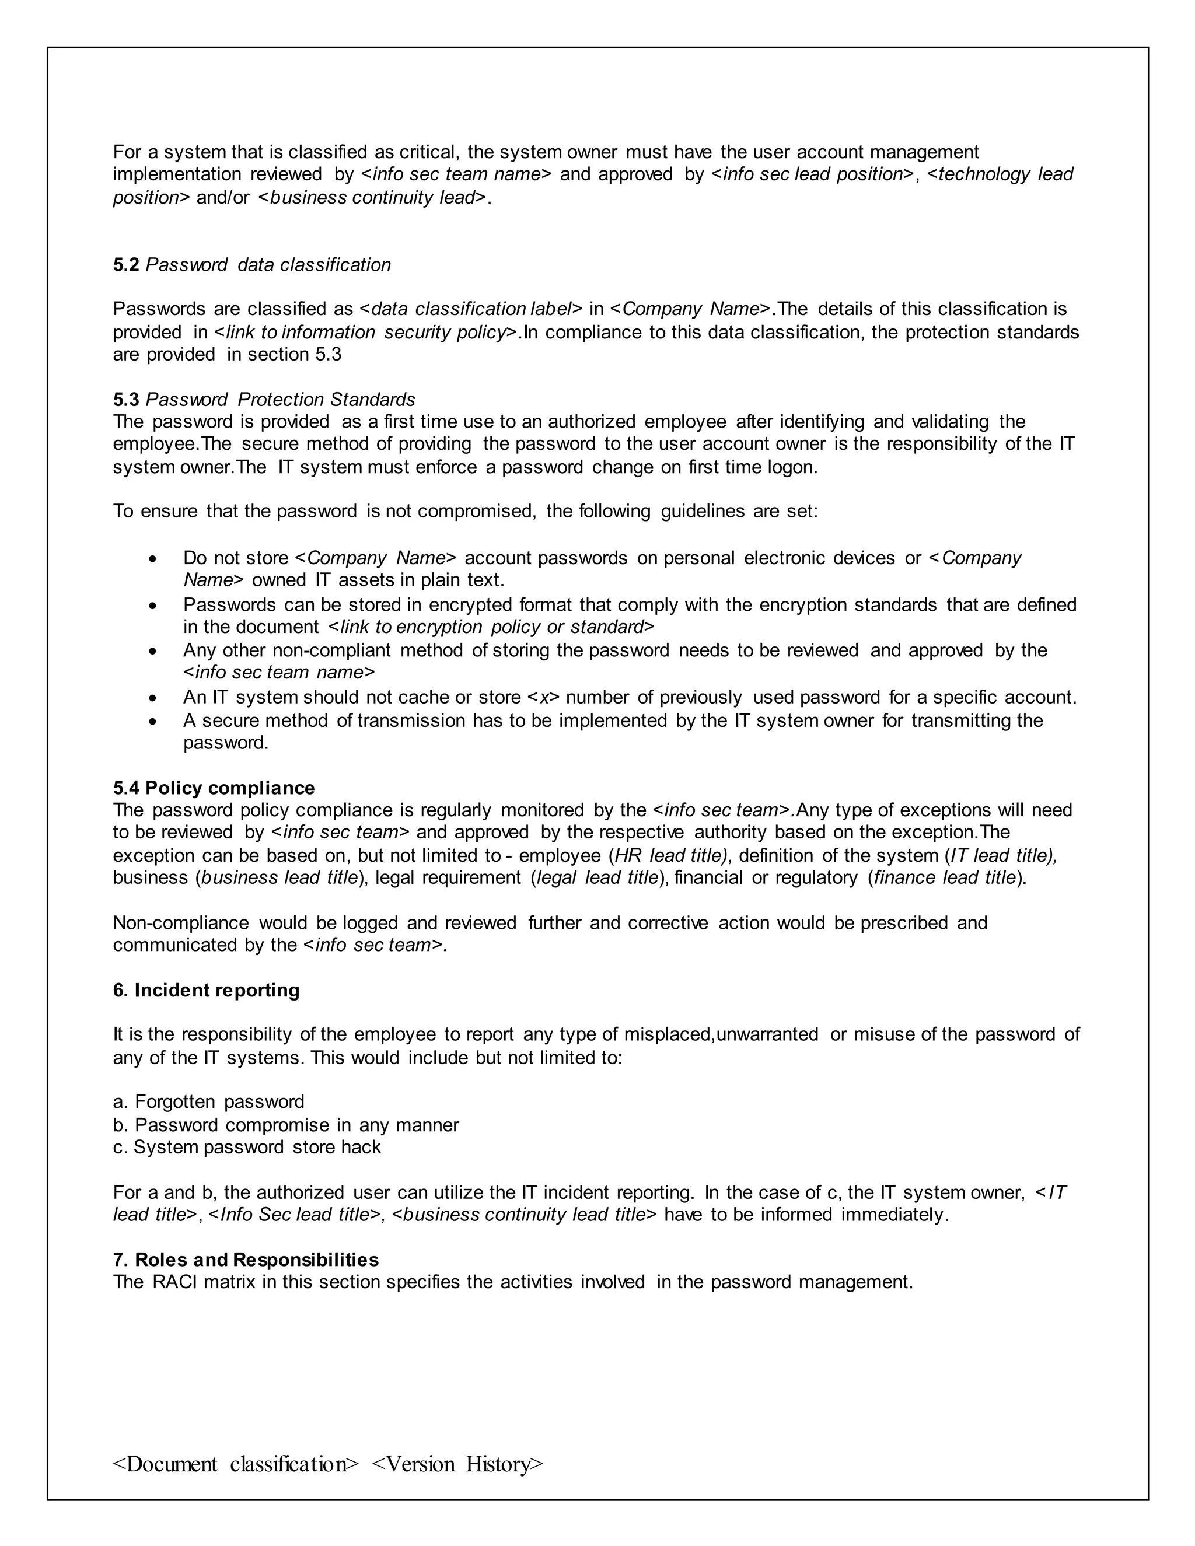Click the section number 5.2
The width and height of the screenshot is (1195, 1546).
(x=126, y=265)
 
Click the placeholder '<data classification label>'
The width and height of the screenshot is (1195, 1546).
(x=471, y=309)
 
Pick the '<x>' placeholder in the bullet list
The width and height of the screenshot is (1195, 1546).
(x=544, y=697)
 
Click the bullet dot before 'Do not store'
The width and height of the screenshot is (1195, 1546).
(x=153, y=559)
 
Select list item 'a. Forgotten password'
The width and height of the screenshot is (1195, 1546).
(x=209, y=1101)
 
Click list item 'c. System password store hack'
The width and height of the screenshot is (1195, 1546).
(x=246, y=1147)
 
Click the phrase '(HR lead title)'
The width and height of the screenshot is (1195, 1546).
(x=668, y=855)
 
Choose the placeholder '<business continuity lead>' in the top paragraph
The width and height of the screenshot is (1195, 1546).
(x=372, y=198)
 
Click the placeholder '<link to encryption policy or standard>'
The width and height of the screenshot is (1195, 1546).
(x=491, y=627)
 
